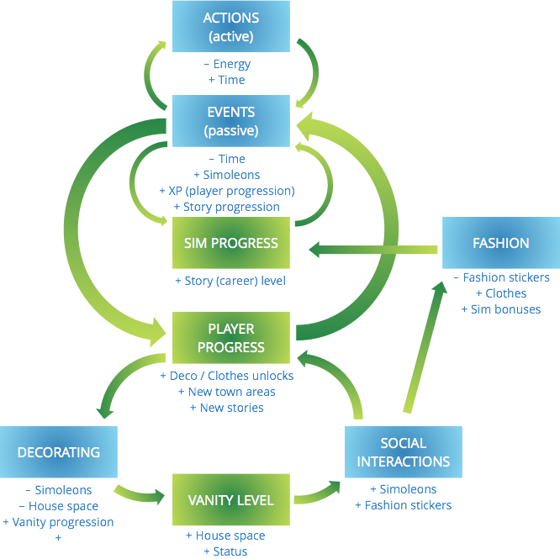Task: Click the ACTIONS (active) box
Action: point(230,27)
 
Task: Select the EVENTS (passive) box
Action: point(230,121)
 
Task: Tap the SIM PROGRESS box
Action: point(230,243)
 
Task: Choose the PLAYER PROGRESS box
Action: point(230,338)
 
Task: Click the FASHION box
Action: point(500,243)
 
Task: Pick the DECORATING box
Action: point(58,452)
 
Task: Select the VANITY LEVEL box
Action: point(230,500)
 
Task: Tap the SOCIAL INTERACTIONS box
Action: point(403,452)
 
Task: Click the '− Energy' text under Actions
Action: point(227,64)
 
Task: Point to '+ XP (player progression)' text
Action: point(226,191)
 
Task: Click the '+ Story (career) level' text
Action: point(230,281)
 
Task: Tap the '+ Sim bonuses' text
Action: point(500,309)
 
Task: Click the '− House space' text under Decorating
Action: point(58,506)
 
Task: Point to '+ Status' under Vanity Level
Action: point(225,551)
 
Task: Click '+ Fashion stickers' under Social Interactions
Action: point(403,505)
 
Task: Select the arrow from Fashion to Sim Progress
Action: point(374,249)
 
